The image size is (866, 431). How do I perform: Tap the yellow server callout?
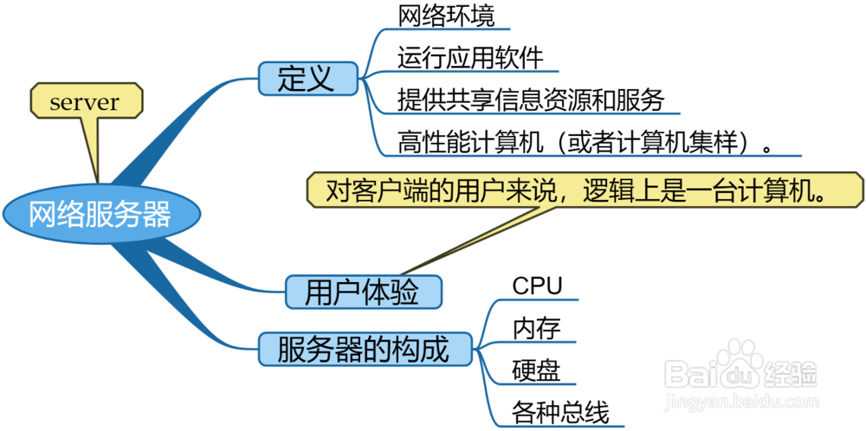point(85,102)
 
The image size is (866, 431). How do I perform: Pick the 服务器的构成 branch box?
point(365,351)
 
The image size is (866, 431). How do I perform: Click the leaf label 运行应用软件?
point(470,58)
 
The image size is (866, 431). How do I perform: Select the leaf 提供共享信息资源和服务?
point(531,100)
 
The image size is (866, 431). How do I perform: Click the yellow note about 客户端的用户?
point(585,190)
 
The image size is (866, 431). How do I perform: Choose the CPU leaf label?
point(537,286)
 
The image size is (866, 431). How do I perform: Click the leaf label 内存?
point(537,328)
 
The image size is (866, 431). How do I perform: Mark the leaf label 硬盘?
point(537,370)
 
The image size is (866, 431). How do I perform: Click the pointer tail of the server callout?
point(94,151)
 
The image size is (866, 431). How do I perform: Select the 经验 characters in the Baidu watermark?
point(790,374)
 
